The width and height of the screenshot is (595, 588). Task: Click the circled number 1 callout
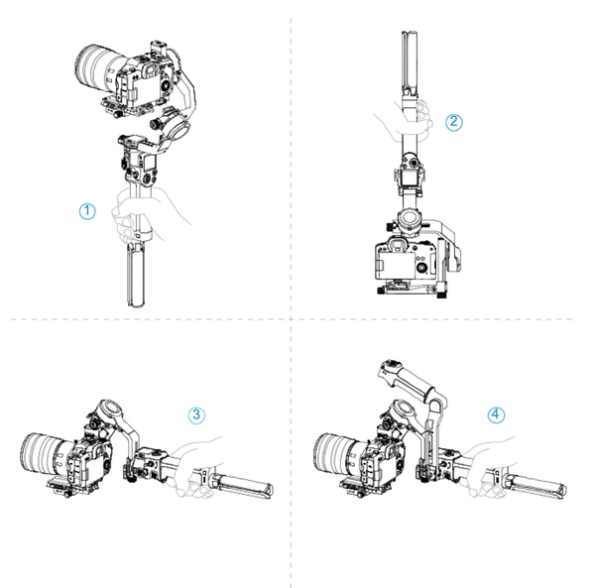click(x=87, y=210)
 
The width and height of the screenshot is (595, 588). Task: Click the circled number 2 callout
click(x=454, y=122)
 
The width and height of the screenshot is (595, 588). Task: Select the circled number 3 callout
click(x=197, y=413)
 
